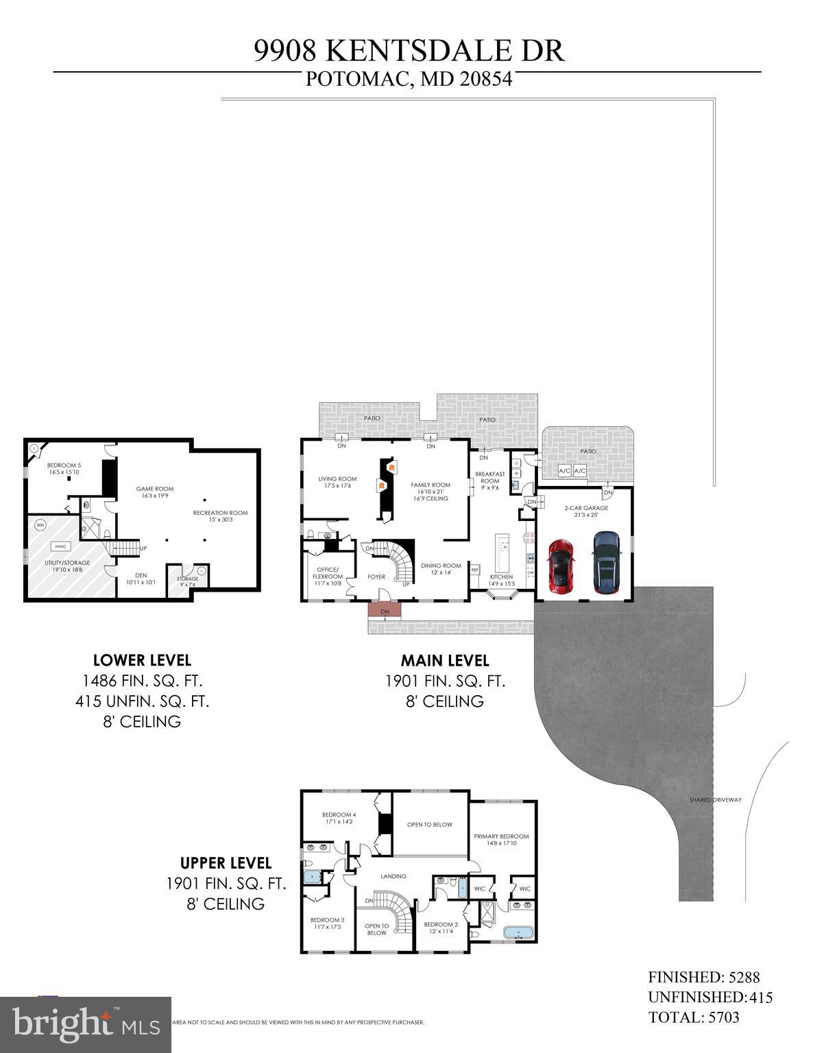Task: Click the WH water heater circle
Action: pos(40,525)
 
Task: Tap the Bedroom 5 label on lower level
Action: pos(64,468)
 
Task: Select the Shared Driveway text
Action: pos(716,800)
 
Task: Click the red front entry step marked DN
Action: pos(385,611)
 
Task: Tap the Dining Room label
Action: pos(436,569)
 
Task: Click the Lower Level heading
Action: pos(142,660)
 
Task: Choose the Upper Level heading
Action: pos(226,863)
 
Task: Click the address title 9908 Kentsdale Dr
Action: pos(409,51)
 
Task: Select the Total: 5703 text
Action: pos(694,1017)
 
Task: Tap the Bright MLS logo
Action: pos(86,1025)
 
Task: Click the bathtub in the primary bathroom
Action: pos(519,933)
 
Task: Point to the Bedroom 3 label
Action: pos(327,923)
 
